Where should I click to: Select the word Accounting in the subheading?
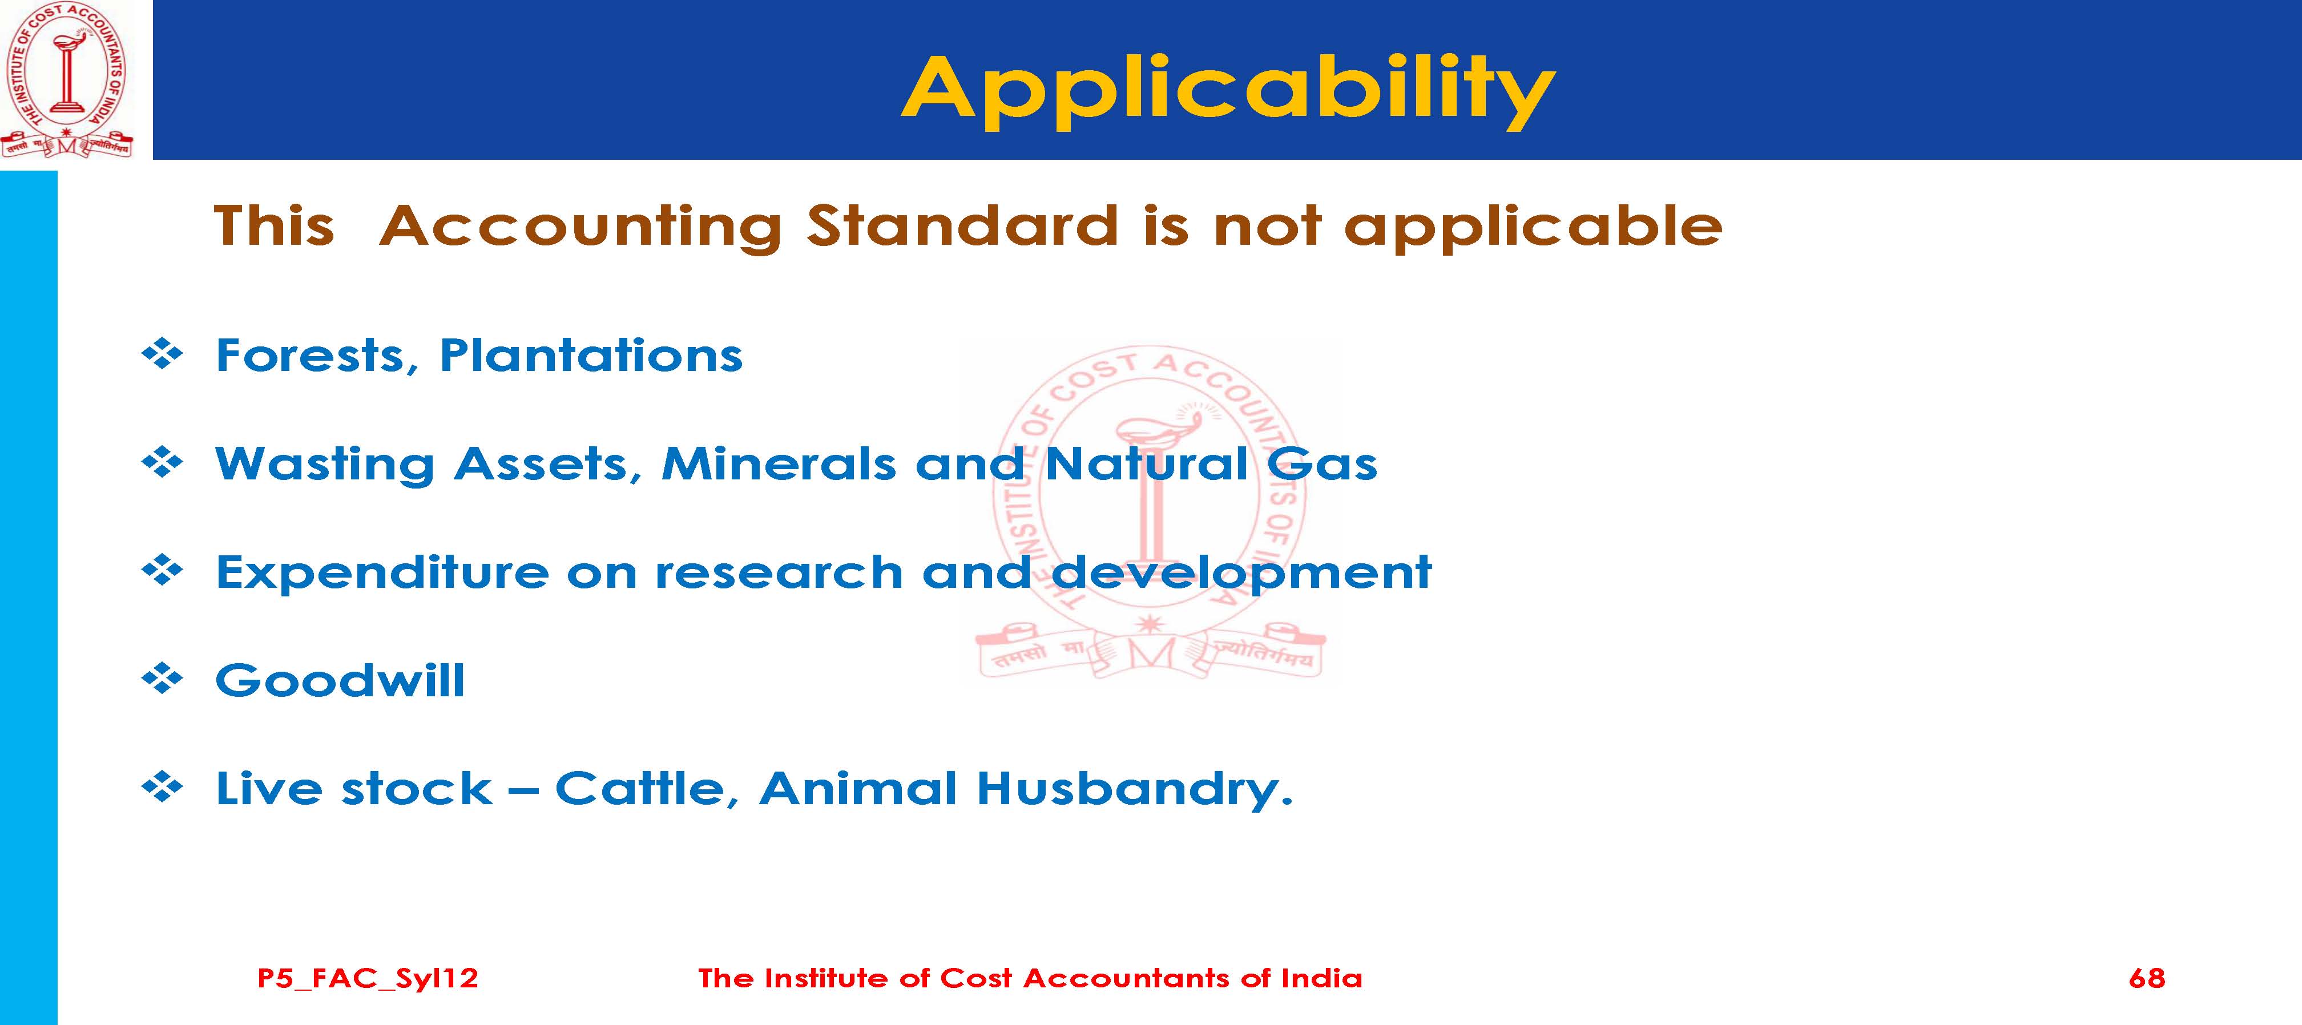[x=581, y=227]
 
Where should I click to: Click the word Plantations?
[x=591, y=355]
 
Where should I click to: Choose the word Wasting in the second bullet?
[x=324, y=465]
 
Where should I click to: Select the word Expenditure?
[x=382, y=572]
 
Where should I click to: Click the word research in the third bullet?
[x=779, y=572]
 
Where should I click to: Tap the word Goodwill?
[x=340, y=681]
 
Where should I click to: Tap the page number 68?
[x=2147, y=978]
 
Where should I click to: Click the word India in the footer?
[x=1322, y=978]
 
